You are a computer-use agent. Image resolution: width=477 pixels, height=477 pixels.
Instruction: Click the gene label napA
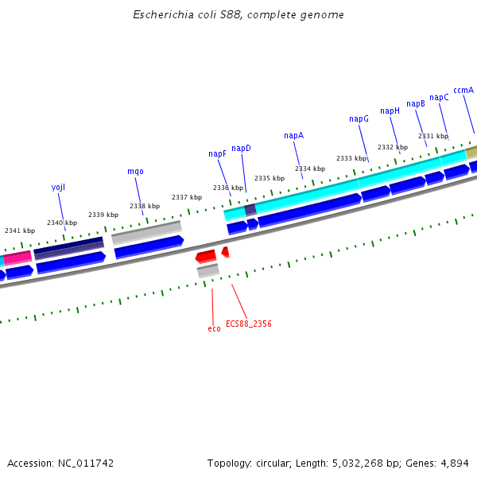[293, 136]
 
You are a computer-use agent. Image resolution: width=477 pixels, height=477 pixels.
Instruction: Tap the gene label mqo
[135, 172]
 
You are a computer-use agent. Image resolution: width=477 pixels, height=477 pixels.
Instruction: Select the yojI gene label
[58, 188]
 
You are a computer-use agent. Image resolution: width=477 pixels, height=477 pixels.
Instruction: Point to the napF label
[217, 154]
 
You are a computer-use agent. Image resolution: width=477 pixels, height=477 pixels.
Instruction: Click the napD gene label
[241, 149]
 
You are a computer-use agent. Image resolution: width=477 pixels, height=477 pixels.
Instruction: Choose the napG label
[359, 119]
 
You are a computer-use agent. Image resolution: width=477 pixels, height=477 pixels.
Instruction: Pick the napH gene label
[390, 111]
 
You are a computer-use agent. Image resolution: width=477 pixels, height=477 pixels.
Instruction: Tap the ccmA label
[463, 91]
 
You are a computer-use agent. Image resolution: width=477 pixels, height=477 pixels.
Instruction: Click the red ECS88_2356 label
[248, 324]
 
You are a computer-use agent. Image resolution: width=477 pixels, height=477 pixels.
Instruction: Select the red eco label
[214, 329]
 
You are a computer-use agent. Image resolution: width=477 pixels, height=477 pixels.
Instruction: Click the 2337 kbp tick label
[187, 198]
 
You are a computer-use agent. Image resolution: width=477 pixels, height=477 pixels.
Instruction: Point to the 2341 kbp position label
[20, 231]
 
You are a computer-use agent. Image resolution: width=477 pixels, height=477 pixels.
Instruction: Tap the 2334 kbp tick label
[310, 169]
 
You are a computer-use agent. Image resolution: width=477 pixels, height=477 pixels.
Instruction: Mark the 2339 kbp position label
[103, 215]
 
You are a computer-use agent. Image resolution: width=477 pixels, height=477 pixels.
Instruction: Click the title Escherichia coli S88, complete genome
[238, 15]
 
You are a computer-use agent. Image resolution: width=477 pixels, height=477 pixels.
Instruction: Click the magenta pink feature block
[17, 258]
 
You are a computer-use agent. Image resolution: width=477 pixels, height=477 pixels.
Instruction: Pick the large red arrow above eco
[206, 256]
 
